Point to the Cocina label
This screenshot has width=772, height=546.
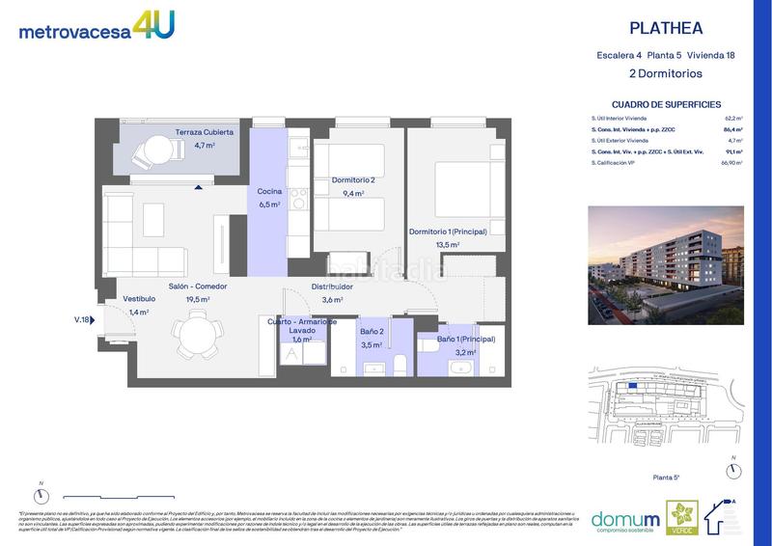pos(268,191)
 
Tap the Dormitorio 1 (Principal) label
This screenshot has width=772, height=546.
pos(447,232)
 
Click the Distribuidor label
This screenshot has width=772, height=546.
pos(332,287)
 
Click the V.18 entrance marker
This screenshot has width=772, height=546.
pos(81,319)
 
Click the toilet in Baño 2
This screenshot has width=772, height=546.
pos(398,364)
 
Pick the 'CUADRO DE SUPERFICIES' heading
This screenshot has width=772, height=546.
pos(668,103)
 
